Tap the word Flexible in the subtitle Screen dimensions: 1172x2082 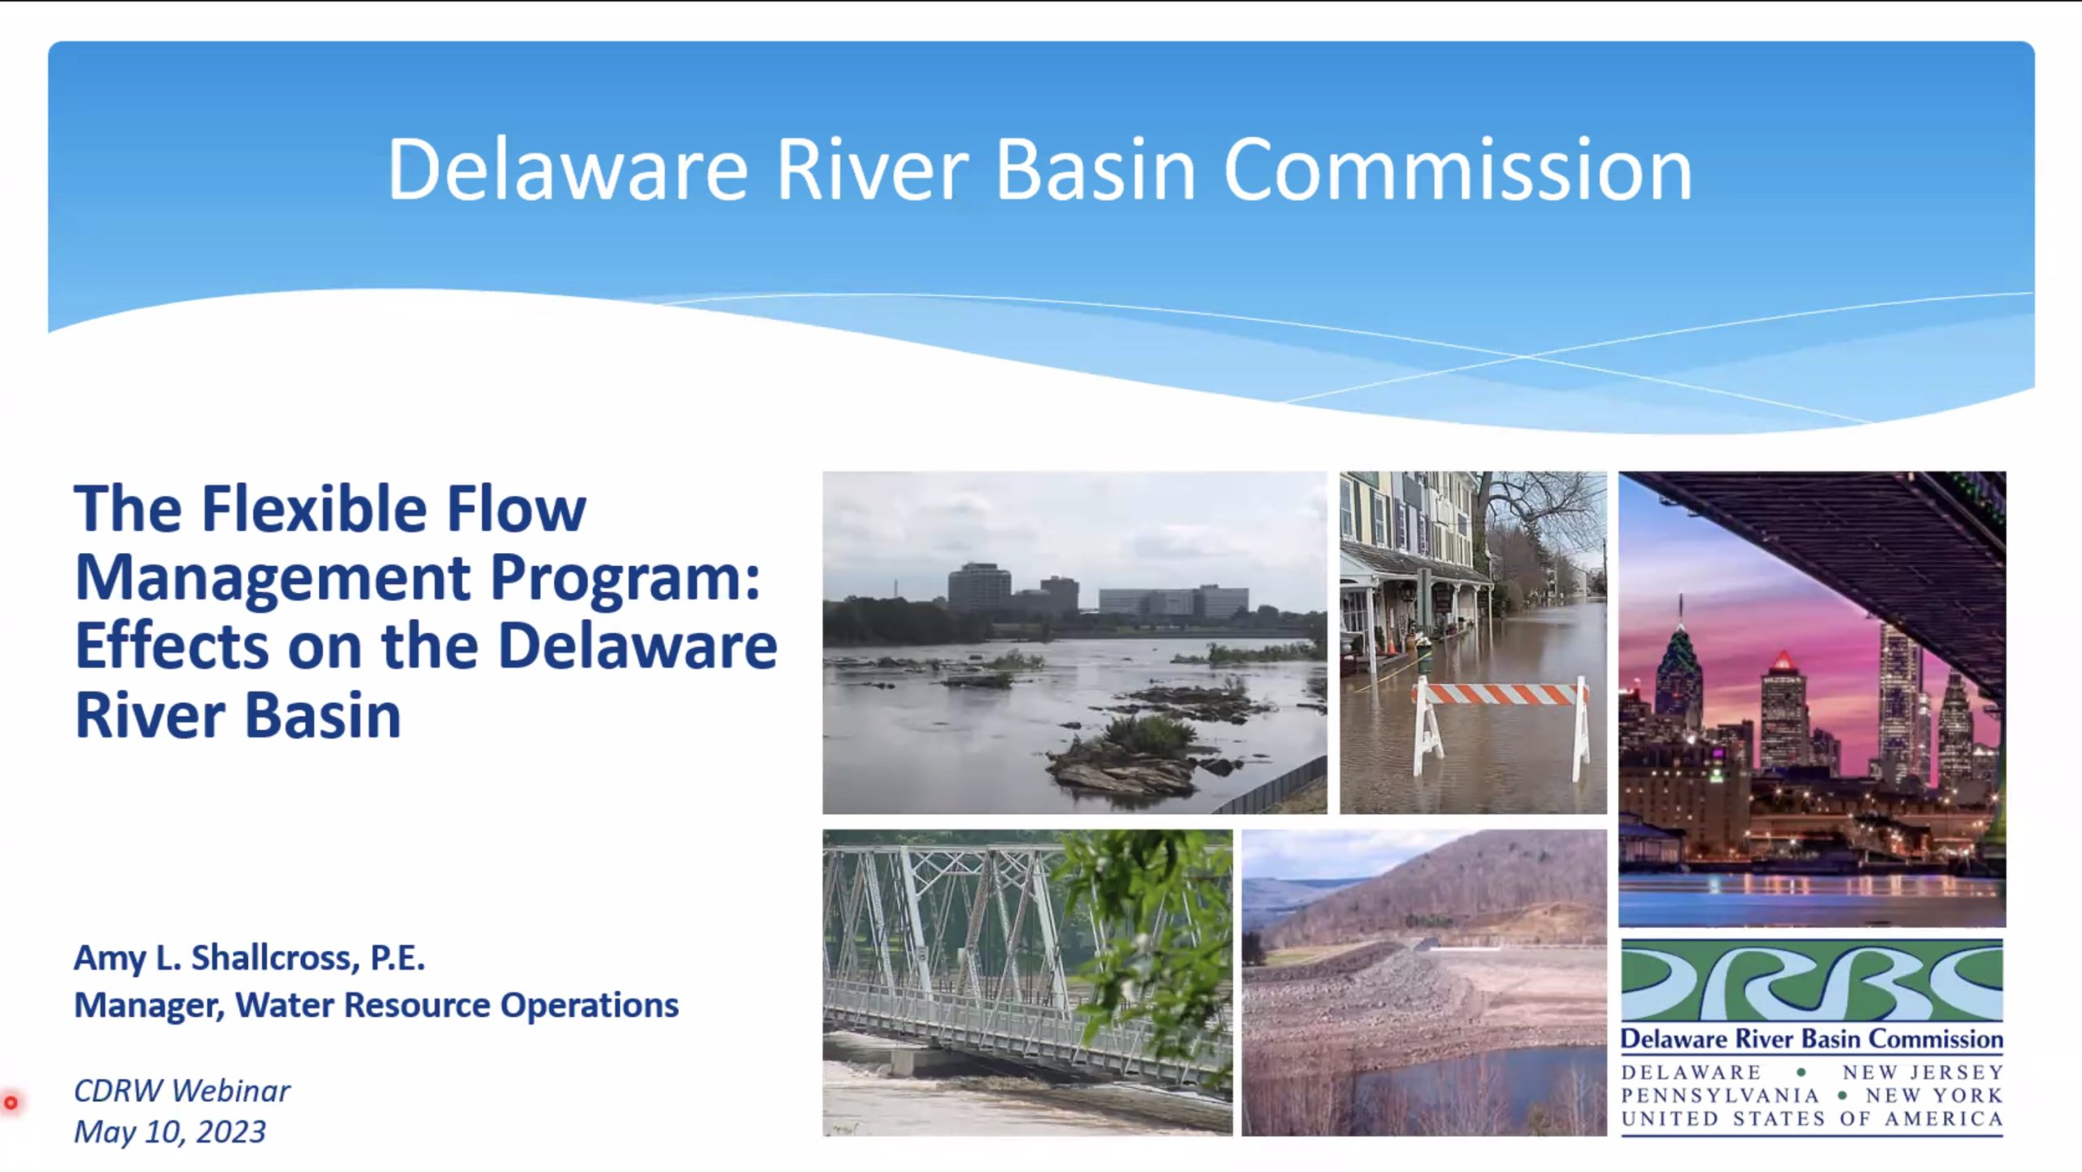pos(314,509)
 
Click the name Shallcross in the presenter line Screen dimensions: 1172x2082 pos(275,958)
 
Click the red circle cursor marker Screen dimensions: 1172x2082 pos(11,1103)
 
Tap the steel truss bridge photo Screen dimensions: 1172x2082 pos(1026,982)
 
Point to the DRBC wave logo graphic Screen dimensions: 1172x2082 pos(1811,981)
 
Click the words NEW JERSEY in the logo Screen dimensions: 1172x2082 pos(1922,1073)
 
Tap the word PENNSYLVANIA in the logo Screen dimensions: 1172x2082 pos(1719,1096)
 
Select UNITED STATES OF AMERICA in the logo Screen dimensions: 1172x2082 pos(1811,1119)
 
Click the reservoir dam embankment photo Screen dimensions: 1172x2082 pos(1423,982)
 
